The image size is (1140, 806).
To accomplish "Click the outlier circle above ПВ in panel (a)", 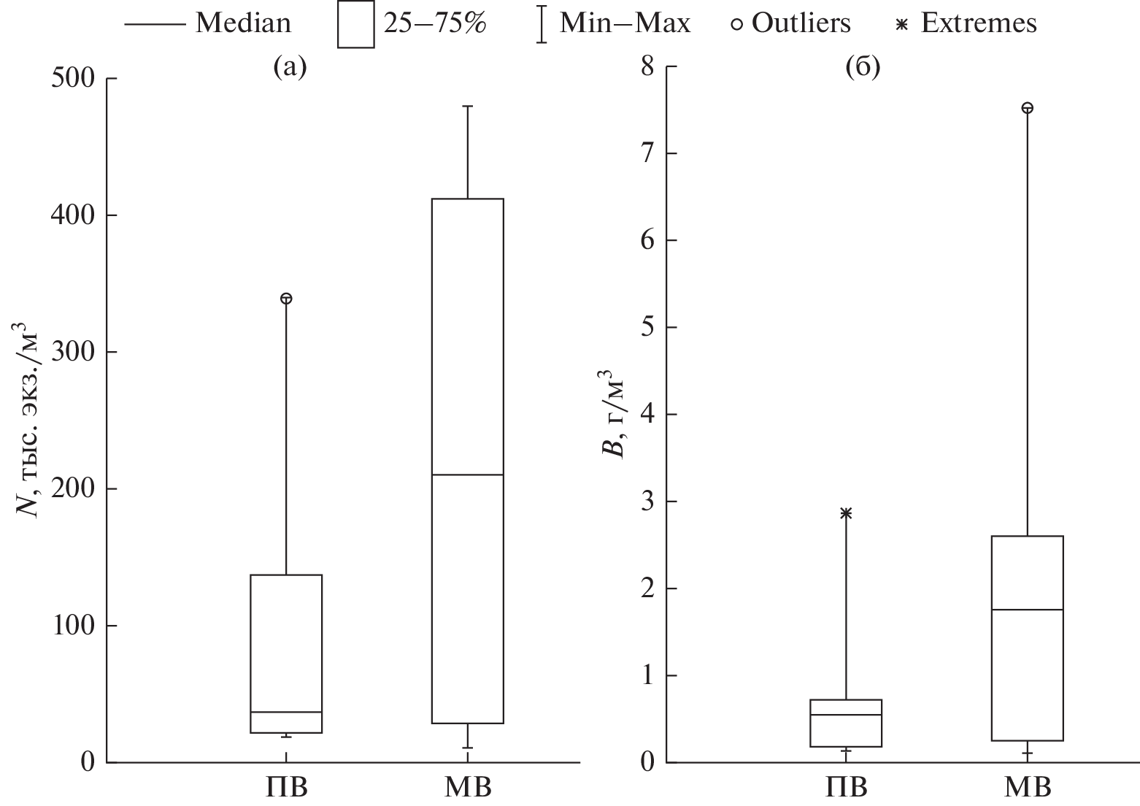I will tap(286, 299).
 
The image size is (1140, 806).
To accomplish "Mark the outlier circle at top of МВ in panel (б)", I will tap(1027, 108).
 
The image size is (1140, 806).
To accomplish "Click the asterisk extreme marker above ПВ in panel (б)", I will tap(846, 513).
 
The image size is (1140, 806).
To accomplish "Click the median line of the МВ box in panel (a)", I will tap(467, 475).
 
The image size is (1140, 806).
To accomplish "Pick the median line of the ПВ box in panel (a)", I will tap(286, 712).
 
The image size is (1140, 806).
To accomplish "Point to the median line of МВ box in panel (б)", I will tap(1027, 609).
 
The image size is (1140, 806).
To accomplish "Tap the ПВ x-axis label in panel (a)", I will tap(285, 788).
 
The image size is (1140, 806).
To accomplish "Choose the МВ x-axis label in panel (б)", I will tap(1028, 788).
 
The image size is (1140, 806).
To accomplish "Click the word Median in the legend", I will tap(242, 23).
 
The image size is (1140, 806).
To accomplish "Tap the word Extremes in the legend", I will tap(978, 23).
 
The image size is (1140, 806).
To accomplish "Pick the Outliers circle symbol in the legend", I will tap(737, 24).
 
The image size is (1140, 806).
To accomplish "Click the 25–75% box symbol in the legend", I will tap(355, 25).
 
